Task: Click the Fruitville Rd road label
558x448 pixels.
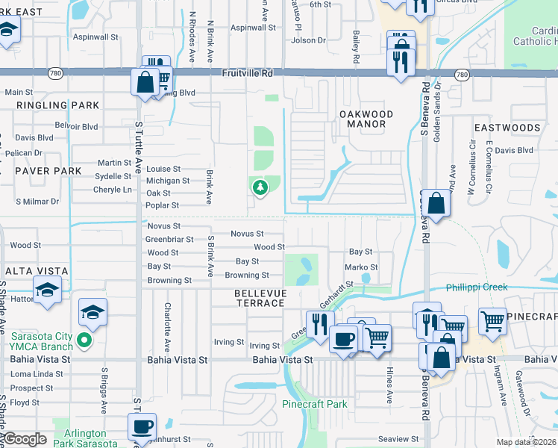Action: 248,74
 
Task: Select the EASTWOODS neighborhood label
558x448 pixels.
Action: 507,128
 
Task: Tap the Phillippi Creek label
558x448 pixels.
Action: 477,287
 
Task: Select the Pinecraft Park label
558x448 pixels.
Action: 315,404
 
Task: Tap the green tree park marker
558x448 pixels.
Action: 260,188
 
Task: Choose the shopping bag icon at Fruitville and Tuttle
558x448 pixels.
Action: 145,82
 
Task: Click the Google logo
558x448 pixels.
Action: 25,440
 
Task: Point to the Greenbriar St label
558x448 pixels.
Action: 169,240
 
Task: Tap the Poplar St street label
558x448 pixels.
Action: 162,205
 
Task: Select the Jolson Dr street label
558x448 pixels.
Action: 308,40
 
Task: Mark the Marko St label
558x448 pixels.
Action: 361,267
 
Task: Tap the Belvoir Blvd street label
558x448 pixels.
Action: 78,127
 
